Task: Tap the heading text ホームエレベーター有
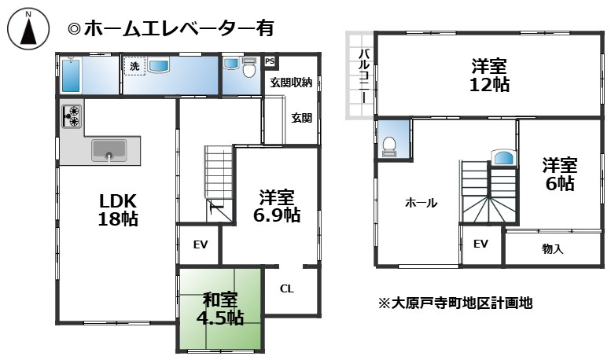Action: (x=171, y=29)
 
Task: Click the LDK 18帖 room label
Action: (x=118, y=209)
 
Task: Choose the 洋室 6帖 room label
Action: (x=560, y=174)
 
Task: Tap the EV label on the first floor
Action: (x=201, y=244)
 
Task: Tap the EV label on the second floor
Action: (x=480, y=244)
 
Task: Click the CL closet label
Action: (x=287, y=288)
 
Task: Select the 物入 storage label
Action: (x=552, y=249)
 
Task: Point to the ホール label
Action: (x=421, y=203)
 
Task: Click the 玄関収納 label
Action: (x=291, y=82)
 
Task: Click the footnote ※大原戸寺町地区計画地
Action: (x=455, y=301)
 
